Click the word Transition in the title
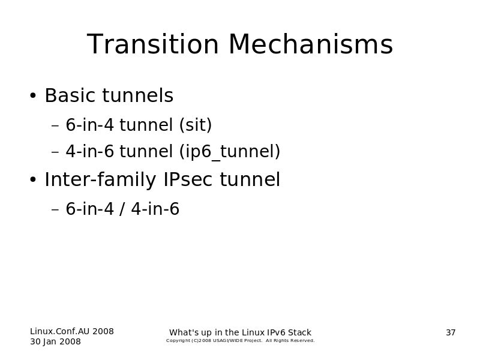click(153, 44)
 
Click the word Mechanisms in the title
click(311, 44)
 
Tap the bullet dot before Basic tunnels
click(33, 95)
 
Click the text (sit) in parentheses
click(196, 125)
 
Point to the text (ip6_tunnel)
click(230, 151)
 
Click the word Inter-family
click(100, 179)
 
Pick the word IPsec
click(188, 179)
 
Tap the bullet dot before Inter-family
click(33, 179)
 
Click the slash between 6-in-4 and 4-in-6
click(122, 209)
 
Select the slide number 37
click(451, 332)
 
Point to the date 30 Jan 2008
click(55, 341)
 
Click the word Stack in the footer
click(299, 332)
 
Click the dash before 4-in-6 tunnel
click(55, 152)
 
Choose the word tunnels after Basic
click(138, 95)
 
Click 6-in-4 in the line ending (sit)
click(89, 125)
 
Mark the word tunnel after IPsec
click(250, 179)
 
